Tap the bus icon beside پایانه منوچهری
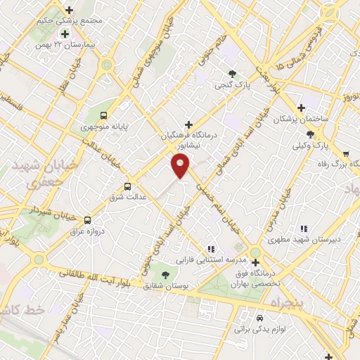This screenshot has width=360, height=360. click(104, 115)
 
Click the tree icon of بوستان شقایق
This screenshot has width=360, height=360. click(165, 274)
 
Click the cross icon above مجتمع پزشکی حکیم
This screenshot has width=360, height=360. click(69, 10)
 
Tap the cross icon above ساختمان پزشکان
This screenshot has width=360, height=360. click(301, 108)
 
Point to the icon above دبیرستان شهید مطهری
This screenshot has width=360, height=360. click(304, 228)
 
